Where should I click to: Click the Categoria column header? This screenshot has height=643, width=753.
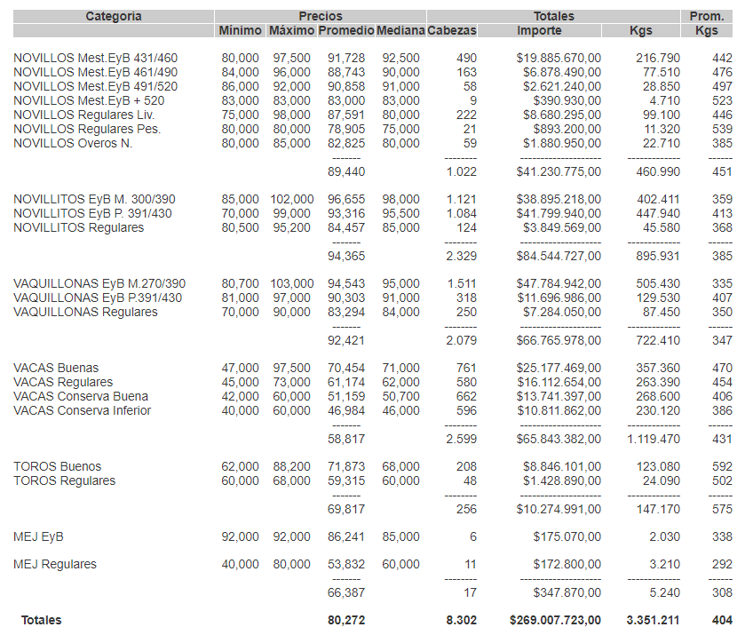tap(113, 16)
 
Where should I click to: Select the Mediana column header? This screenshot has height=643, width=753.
tap(400, 30)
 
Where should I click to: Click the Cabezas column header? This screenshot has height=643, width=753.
tap(452, 30)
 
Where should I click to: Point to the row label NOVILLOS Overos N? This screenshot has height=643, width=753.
tap(73, 144)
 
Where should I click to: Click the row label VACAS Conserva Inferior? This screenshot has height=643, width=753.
tap(82, 410)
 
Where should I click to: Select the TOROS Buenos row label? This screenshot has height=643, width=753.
tap(57, 467)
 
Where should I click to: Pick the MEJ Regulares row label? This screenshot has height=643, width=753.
tap(55, 565)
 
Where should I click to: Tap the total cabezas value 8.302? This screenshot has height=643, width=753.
tap(460, 621)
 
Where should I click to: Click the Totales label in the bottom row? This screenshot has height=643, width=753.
tap(42, 621)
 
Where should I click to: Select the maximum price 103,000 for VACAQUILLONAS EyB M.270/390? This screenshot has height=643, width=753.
tap(291, 284)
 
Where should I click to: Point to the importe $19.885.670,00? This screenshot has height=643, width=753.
tap(559, 58)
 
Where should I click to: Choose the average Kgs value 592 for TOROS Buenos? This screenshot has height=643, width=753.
tap(722, 467)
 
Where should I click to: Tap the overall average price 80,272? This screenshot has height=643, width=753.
tap(346, 621)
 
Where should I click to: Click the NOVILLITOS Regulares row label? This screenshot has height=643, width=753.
tap(78, 228)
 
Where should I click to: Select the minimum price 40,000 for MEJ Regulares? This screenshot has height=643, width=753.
tap(241, 565)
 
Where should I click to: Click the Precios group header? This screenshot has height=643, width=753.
tap(320, 16)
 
